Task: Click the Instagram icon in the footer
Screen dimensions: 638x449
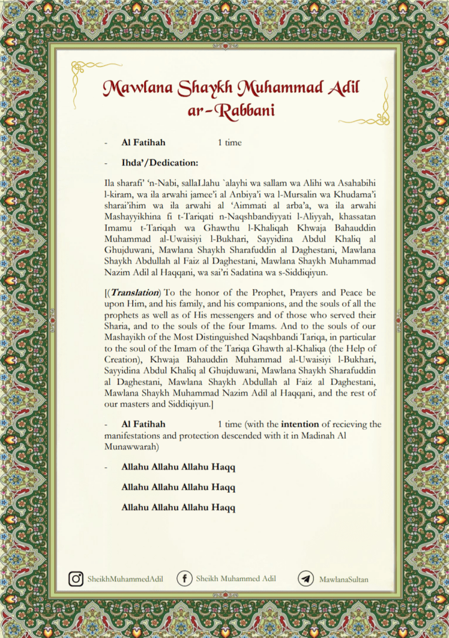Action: (76, 579)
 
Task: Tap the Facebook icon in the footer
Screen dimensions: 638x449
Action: (184, 579)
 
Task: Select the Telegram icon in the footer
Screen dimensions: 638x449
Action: (306, 579)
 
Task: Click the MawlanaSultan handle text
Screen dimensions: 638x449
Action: (344, 579)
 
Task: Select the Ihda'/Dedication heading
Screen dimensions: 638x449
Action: (160, 163)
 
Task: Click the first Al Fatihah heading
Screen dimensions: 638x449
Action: (143, 143)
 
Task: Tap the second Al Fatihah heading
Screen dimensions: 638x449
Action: (143, 424)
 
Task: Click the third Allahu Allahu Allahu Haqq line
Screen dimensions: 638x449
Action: (178, 507)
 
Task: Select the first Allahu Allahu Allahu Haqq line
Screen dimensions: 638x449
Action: (178, 467)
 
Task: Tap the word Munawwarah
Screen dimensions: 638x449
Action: (133, 447)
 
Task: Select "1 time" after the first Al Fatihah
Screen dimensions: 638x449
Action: (229, 143)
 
